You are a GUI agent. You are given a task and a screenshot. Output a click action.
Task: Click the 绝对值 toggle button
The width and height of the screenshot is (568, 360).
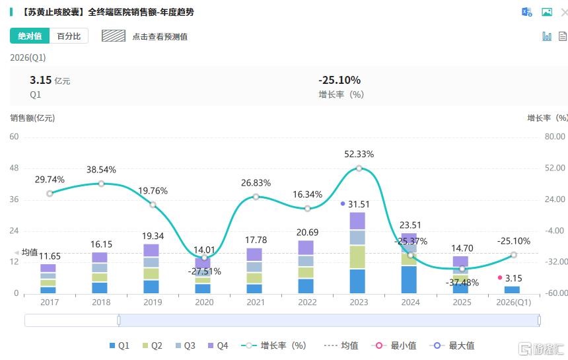pos(30,36)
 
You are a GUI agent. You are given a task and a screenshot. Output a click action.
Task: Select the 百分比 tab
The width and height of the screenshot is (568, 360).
pos(69,36)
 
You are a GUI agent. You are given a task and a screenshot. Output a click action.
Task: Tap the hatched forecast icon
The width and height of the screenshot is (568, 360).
pos(114,36)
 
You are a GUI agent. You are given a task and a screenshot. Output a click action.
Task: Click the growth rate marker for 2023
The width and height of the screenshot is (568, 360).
pos(359,168)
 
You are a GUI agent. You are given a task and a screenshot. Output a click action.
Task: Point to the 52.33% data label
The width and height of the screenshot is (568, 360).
pos(359,155)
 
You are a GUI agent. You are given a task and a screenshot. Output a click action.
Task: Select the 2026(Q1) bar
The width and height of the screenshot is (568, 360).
pos(513,289)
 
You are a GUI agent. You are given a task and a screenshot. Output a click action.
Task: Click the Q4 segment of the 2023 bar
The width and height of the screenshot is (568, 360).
pos(357,221)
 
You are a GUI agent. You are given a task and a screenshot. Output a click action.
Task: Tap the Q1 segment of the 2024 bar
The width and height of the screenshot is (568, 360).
pos(409,279)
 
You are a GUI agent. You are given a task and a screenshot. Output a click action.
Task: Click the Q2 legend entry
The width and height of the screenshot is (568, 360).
pos(152,345)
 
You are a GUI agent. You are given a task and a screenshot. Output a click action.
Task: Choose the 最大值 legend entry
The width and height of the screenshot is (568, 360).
pos(452,345)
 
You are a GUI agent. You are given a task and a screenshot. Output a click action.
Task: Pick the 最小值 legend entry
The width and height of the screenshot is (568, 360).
pos(394,345)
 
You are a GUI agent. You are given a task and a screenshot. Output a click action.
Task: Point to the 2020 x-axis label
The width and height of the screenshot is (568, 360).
pos(204,303)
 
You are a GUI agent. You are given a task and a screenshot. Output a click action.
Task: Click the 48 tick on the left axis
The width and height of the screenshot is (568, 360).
pos(14,168)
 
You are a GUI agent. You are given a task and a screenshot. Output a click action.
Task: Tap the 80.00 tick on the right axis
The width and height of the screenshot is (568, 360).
pos(555,137)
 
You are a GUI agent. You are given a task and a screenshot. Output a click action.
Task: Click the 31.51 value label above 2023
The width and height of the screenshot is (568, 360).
pos(359,205)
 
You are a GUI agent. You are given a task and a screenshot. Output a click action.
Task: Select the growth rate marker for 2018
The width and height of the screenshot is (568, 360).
pos(102,184)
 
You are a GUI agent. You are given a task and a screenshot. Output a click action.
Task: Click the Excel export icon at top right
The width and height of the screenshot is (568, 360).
pos(526,13)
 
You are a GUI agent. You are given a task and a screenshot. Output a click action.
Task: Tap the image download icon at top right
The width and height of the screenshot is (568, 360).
pos(547,13)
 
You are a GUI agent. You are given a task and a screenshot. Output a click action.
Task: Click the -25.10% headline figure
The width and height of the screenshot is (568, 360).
pos(339,80)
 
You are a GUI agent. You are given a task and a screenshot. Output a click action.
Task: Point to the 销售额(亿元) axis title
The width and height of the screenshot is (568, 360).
pos(32,118)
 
